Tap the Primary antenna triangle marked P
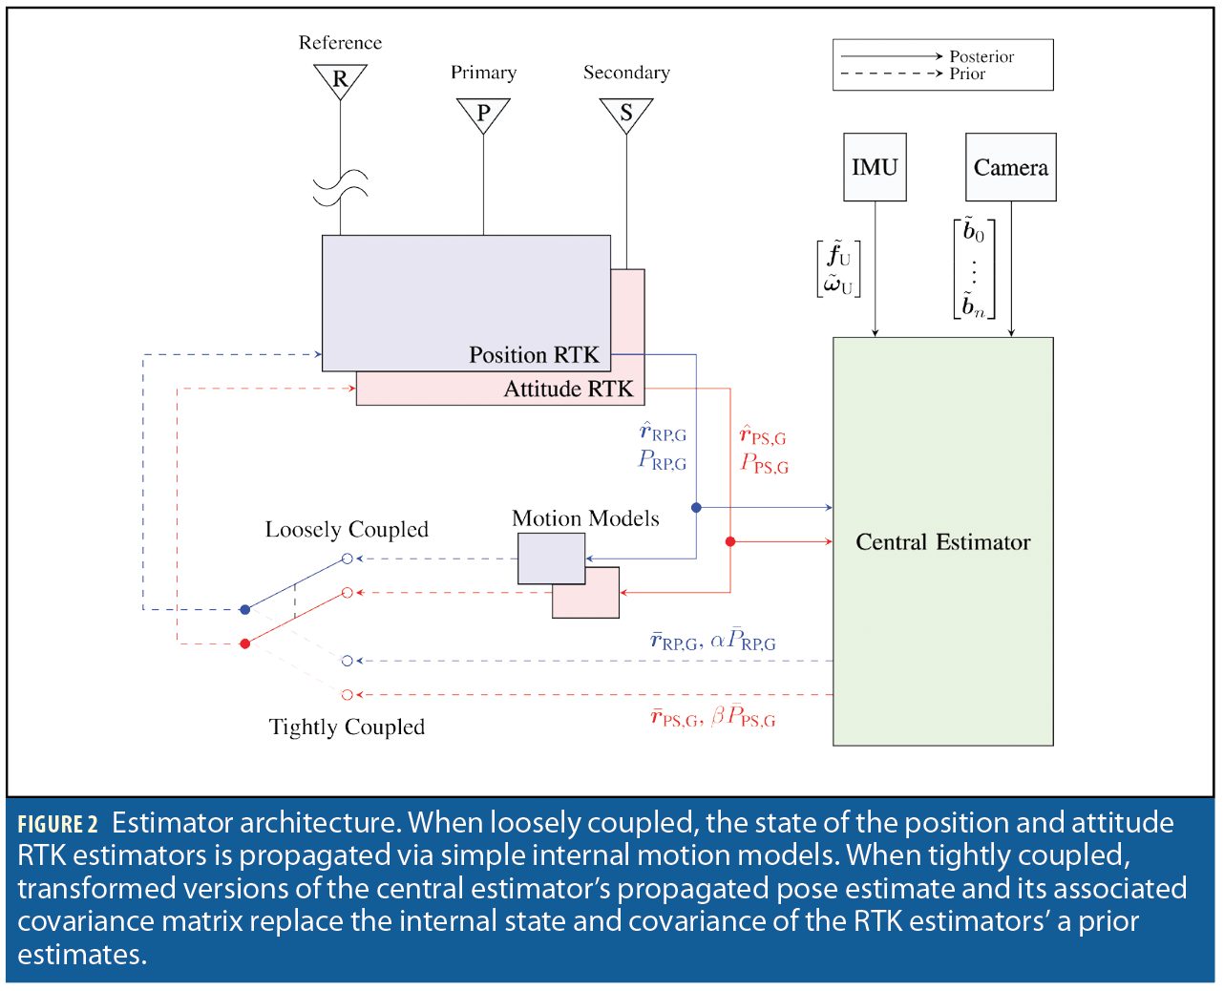483,113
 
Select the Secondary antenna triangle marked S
626,113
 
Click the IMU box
875,167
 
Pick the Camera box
1010,167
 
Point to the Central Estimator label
942,542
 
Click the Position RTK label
534,355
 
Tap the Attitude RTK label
568,389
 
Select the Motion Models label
585,518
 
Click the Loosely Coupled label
347,529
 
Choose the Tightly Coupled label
347,727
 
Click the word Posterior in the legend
981,56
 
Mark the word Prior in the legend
967,74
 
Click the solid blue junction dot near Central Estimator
696,508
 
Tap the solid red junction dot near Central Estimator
730,541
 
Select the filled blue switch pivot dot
245,609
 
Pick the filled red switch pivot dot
245,643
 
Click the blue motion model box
551,557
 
